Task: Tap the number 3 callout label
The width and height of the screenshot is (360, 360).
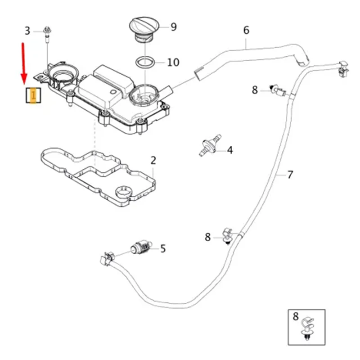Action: [27, 31]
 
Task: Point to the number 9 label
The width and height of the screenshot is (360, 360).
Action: [173, 27]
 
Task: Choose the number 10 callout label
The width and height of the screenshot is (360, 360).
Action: [173, 62]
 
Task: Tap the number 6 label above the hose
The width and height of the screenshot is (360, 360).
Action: [246, 31]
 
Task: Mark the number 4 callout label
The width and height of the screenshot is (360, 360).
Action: [230, 150]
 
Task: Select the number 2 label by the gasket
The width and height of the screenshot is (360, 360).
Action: [153, 160]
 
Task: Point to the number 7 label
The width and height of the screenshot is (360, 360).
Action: [290, 174]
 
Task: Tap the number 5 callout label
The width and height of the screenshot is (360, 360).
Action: [163, 248]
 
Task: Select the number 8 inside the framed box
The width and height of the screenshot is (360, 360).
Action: [296, 316]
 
